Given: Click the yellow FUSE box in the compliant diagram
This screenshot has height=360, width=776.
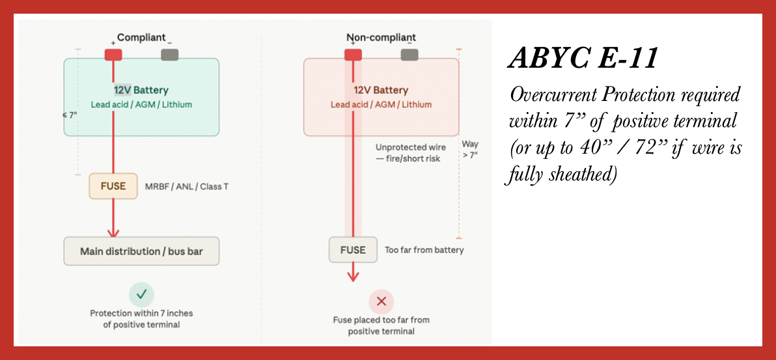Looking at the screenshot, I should (113, 186).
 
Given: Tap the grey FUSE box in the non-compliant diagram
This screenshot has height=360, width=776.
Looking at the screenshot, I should (353, 250).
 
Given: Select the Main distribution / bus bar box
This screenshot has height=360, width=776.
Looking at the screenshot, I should (141, 251).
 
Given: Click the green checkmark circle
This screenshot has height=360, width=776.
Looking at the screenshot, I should (141, 294).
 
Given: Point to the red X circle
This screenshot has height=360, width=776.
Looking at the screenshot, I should (381, 301).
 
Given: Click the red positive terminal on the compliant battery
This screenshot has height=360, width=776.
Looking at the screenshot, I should (113, 55).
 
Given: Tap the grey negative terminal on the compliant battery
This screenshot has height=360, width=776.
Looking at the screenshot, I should (170, 55).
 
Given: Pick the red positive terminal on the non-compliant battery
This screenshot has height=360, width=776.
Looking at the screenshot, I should (353, 55).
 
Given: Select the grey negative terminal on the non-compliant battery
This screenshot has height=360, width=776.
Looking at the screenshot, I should (409, 55).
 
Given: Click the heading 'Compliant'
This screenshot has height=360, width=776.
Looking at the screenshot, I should (141, 38).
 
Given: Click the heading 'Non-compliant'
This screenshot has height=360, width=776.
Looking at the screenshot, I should (381, 38).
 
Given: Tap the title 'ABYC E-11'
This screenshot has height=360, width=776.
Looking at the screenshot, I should (583, 59).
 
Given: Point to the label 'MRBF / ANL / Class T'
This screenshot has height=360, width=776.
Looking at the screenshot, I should (187, 187).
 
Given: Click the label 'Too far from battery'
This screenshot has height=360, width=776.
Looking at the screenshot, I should (424, 250).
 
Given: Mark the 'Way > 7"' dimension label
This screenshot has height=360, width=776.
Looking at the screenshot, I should (470, 149).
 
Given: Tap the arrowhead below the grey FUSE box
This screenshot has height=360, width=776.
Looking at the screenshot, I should (353, 275).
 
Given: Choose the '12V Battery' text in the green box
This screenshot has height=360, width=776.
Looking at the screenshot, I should (141, 90).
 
